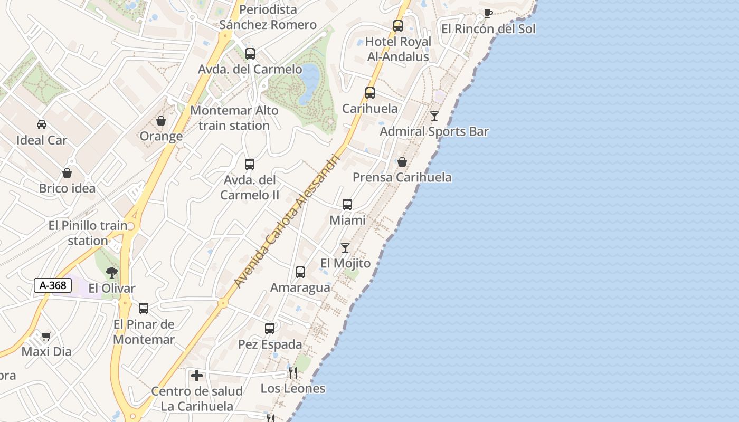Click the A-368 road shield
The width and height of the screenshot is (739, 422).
[53, 285]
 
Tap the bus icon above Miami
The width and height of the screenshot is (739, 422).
[347, 205]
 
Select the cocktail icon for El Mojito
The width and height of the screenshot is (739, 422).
[345, 247]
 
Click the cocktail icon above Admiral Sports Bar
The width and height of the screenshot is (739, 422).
[434, 116]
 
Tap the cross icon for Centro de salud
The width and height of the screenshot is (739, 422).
[197, 376]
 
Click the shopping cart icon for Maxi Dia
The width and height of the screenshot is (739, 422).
[46, 336]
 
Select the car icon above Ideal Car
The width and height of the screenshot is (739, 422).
[42, 124]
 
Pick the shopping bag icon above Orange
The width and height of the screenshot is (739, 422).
[161, 121]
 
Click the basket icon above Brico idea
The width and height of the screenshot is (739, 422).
[67, 173]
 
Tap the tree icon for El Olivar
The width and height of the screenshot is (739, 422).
[111, 273]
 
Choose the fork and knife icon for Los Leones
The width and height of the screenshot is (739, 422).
[293, 373]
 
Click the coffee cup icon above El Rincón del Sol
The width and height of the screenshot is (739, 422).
[488, 13]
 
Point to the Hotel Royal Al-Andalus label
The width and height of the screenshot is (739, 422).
[398, 49]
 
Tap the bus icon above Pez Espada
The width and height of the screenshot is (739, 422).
[270, 329]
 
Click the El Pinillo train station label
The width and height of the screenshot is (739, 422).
[88, 233]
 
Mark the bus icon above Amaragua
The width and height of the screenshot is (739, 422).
[300, 272]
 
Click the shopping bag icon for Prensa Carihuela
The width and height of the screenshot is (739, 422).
[402, 162]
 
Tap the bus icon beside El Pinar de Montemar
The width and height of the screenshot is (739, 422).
[144, 309]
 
